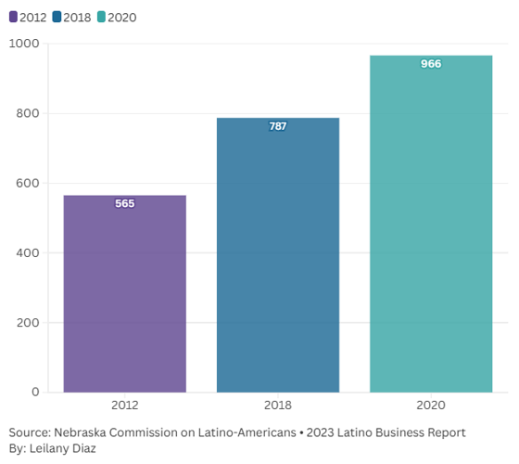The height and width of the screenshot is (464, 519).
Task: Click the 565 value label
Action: tap(124, 203)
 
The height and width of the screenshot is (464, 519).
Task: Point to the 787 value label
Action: tap(278, 126)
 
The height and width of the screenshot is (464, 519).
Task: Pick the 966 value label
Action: tap(431, 64)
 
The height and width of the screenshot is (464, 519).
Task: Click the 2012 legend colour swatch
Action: tap(13, 17)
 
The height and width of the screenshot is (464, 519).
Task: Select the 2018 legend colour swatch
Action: tap(57, 17)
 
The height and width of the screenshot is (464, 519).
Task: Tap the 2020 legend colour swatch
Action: tap(101, 17)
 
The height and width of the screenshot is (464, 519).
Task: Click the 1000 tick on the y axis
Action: tap(24, 44)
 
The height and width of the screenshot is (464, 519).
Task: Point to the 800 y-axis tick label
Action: tap(28, 113)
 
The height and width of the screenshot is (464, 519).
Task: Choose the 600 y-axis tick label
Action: tap(28, 183)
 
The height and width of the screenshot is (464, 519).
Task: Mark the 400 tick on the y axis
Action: tap(28, 252)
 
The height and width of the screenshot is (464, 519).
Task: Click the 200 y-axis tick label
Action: tap(28, 322)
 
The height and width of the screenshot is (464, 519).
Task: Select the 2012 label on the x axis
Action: tap(124, 406)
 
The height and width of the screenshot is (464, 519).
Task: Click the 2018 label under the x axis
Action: tap(278, 406)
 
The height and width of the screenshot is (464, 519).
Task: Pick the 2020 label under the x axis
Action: tap(431, 406)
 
